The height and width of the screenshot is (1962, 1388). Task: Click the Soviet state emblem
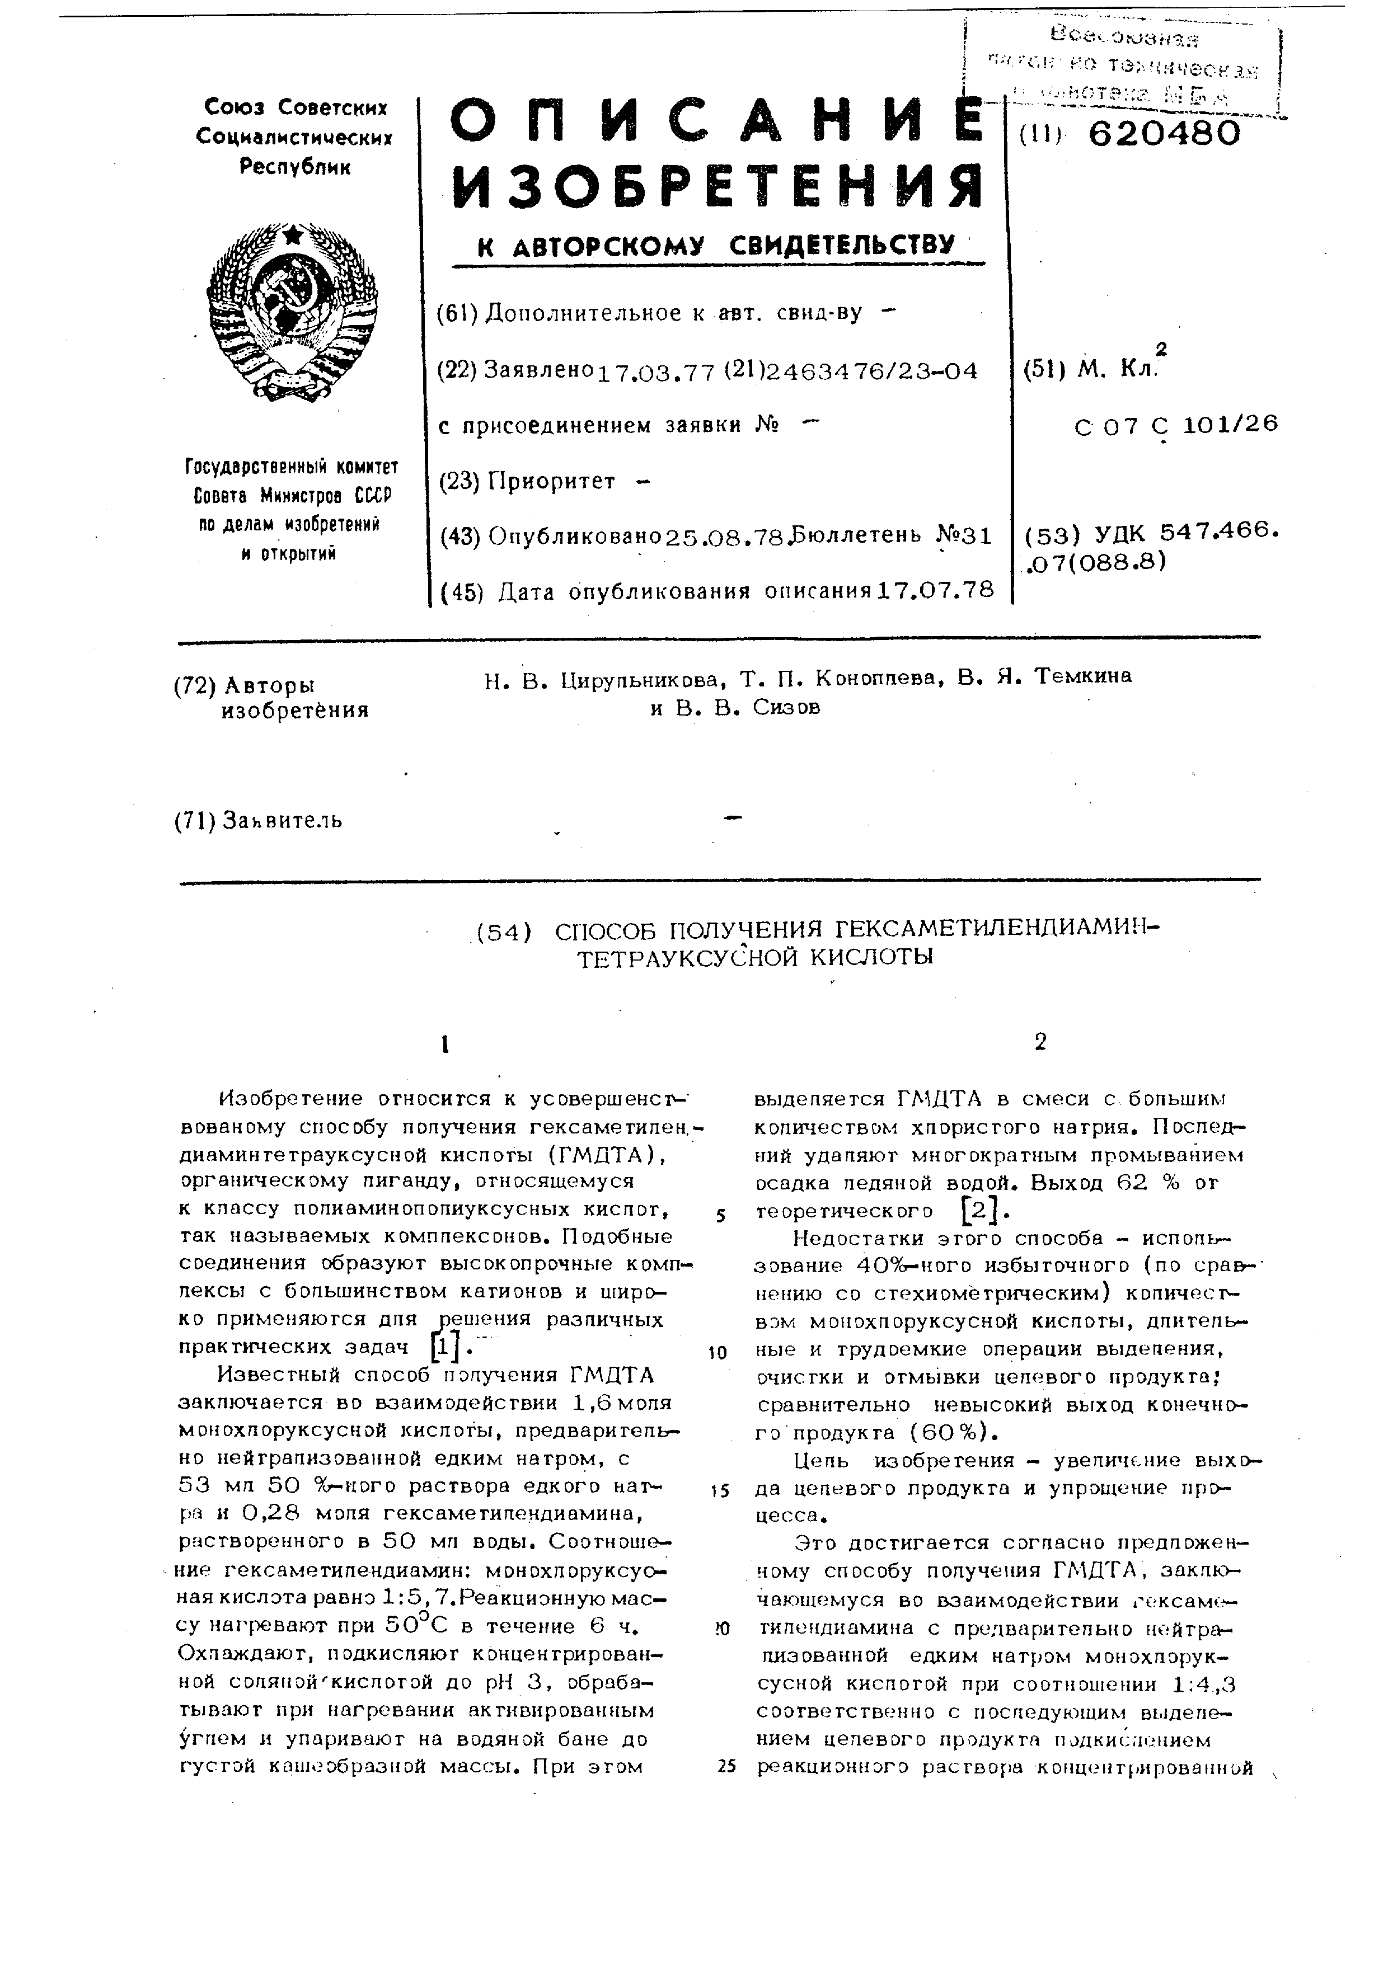(x=292, y=313)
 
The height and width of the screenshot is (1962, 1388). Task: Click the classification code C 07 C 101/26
(x=1176, y=425)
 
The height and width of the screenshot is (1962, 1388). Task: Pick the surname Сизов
(x=787, y=708)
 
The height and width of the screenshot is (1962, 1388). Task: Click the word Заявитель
(x=282, y=820)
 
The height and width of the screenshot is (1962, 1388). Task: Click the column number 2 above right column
(x=1039, y=1042)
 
